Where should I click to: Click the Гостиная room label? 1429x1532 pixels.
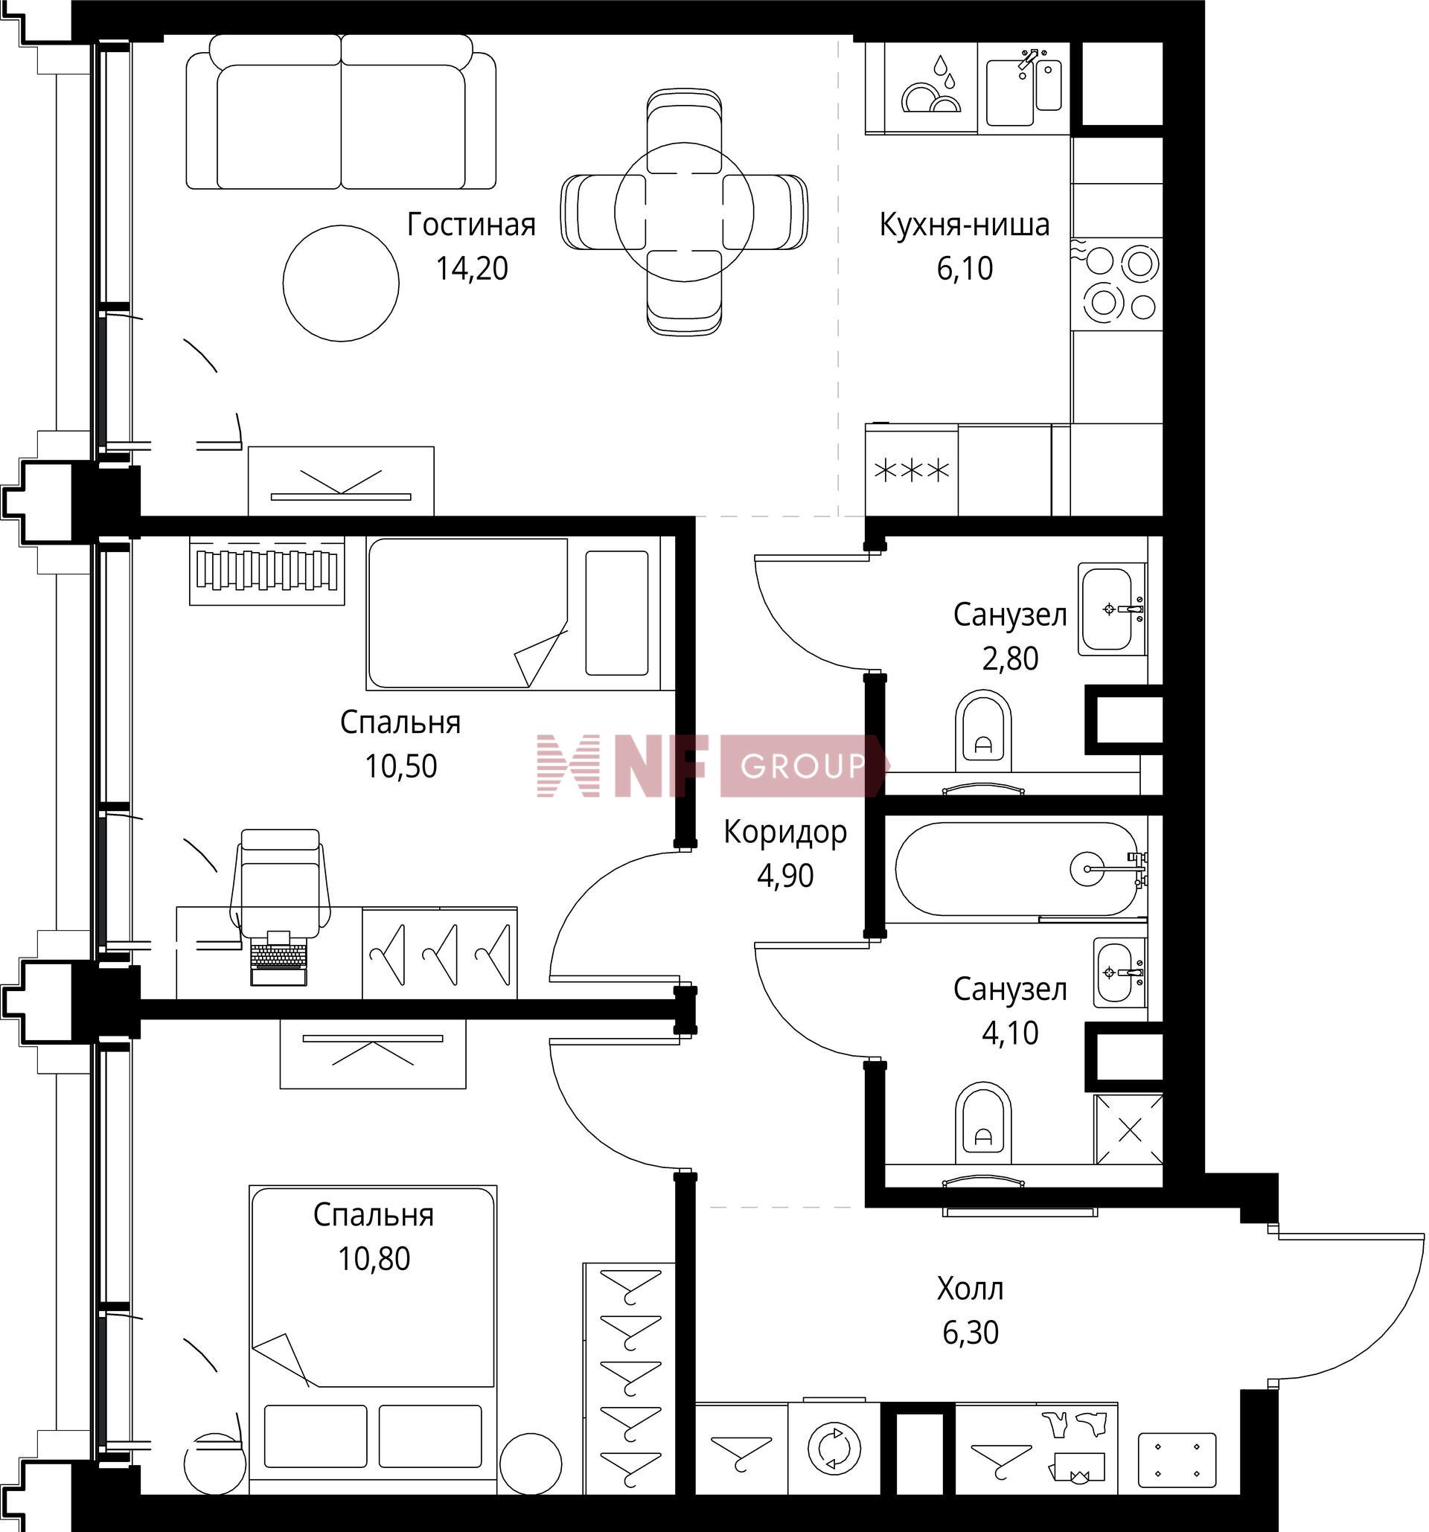[471, 224]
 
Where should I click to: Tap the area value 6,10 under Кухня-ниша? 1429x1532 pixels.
[965, 268]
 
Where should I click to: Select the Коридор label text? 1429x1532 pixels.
[784, 833]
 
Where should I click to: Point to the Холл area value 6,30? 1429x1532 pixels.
[971, 1332]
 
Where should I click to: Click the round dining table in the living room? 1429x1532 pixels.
[684, 211]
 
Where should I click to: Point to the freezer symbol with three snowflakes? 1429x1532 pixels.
[911, 469]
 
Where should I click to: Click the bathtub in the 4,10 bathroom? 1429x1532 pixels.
[1016, 868]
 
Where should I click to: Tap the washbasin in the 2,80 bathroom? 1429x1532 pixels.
[1110, 609]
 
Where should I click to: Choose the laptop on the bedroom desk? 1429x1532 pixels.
[278, 957]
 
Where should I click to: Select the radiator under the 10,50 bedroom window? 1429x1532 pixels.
[266, 571]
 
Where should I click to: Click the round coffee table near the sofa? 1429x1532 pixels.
[341, 283]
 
